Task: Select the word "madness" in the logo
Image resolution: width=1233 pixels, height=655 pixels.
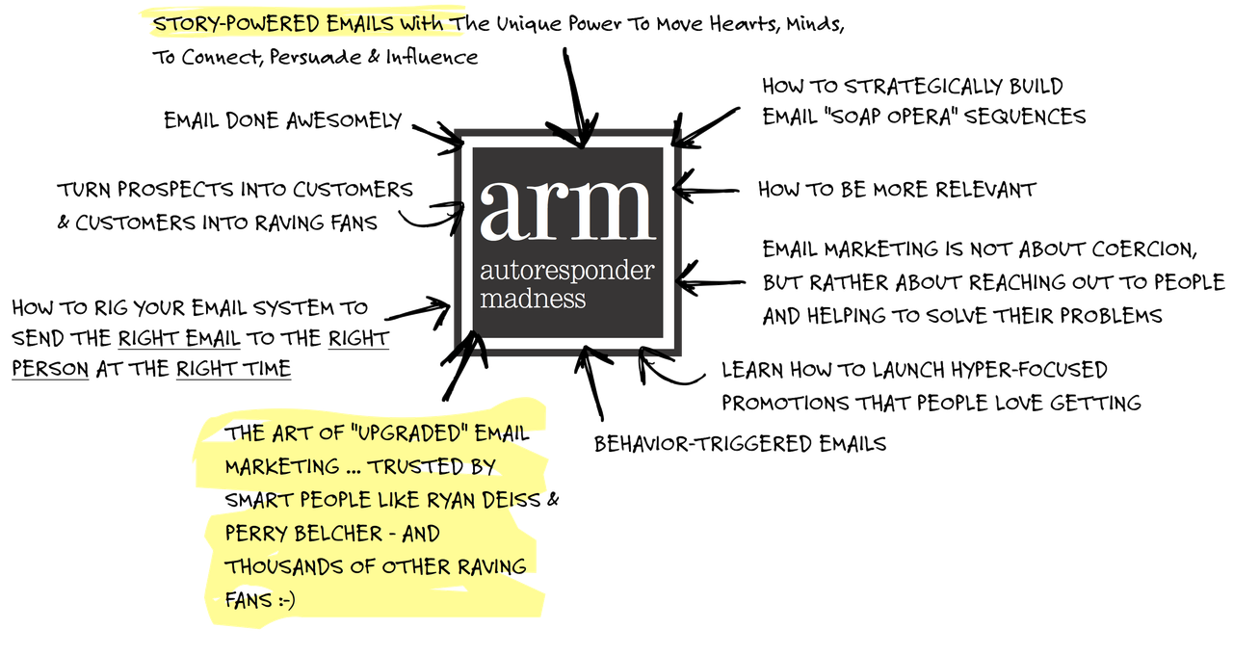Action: pyautogui.click(x=532, y=299)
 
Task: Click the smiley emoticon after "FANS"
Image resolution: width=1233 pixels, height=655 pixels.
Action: pyautogui.click(x=282, y=599)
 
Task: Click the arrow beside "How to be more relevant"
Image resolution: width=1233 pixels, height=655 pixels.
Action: pyautogui.click(x=708, y=189)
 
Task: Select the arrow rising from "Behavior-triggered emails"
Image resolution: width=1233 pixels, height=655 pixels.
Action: pyautogui.click(x=592, y=385)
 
